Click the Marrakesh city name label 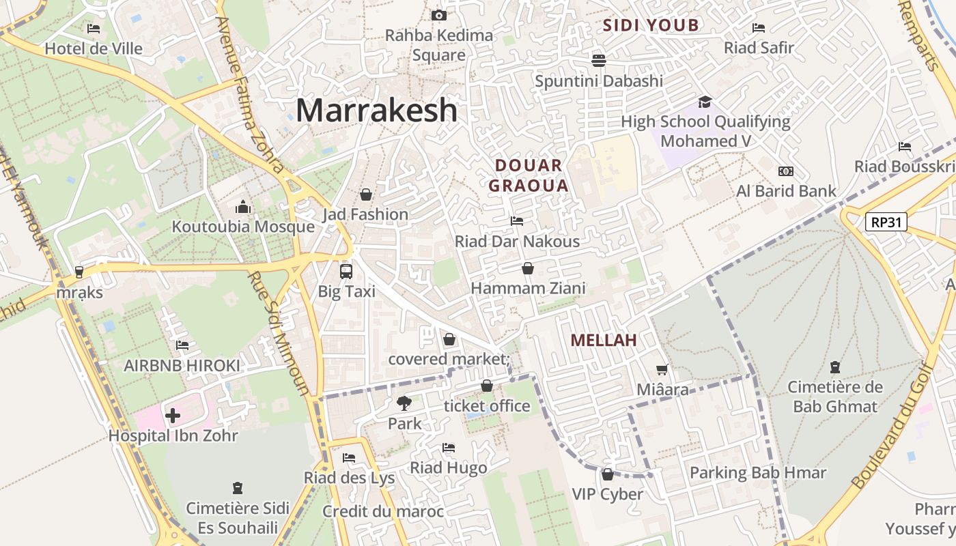(376, 110)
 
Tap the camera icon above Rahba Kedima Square (439, 15)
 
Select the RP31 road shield (886, 222)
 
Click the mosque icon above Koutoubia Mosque (243, 207)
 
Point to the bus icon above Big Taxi (346, 271)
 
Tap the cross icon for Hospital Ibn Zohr (173, 415)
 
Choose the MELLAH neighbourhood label (604, 340)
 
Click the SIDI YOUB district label (651, 26)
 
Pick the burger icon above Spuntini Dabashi (599, 60)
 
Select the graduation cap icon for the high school (705, 102)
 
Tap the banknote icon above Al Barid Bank (786, 171)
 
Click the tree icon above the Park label (404, 403)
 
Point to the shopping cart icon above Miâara (662, 369)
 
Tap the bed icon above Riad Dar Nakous (517, 221)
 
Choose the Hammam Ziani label (528, 288)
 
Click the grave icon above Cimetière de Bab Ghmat (834, 367)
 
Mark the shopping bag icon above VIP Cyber (607, 474)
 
